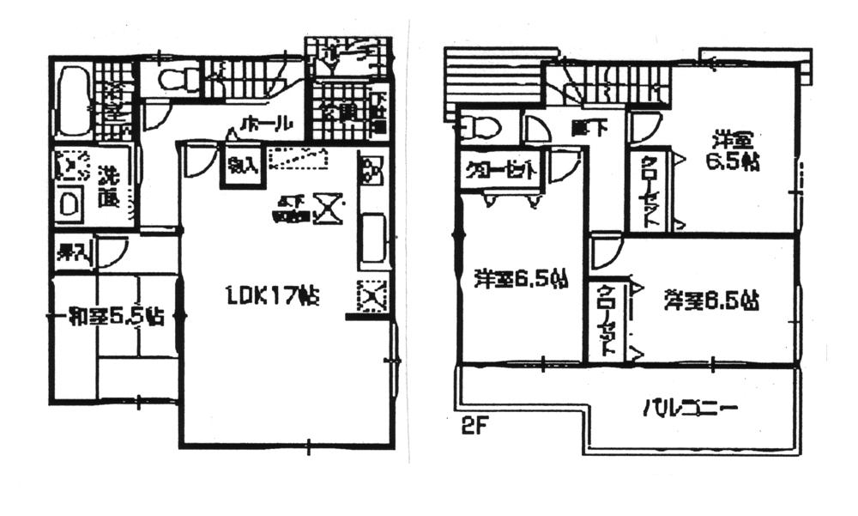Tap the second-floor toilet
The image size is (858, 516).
coord(478,127)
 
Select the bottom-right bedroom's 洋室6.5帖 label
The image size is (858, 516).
coord(711,300)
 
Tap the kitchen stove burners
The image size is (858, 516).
coord(371,171)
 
